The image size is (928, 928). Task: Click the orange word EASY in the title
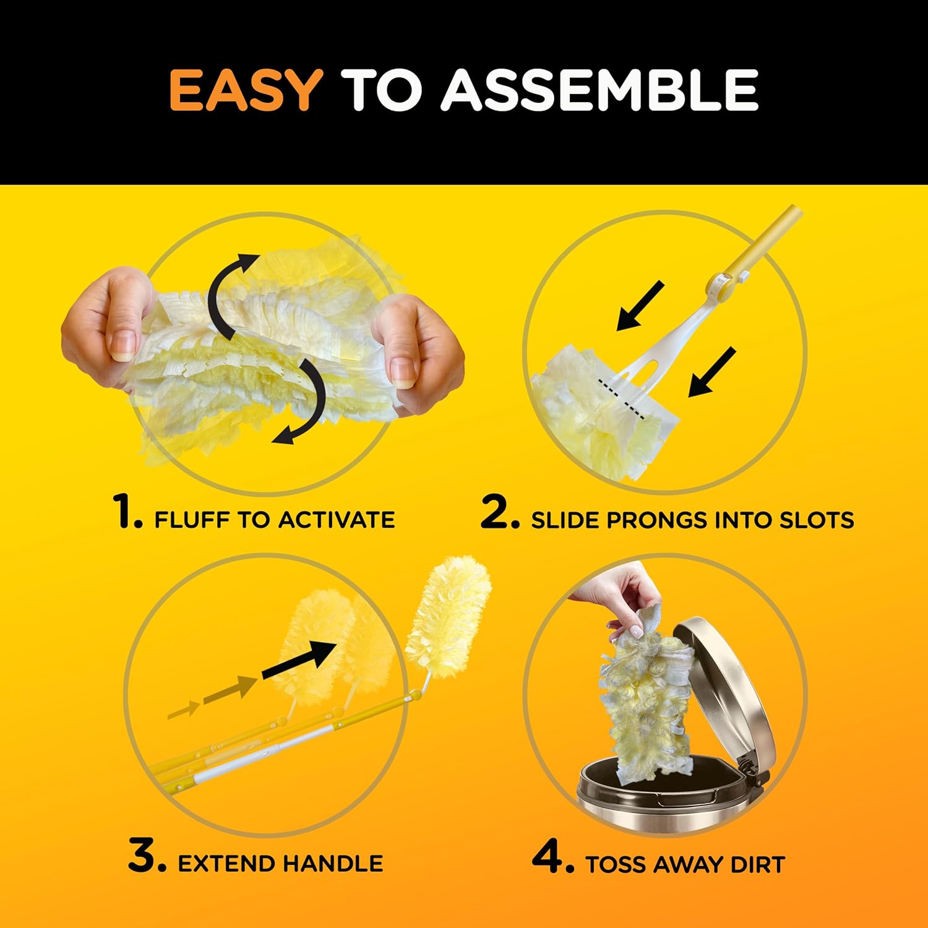(245, 90)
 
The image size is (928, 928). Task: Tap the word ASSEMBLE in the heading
(599, 90)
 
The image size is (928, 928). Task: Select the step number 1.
(128, 513)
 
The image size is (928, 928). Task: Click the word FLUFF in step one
(192, 520)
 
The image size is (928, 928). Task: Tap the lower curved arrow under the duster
(306, 405)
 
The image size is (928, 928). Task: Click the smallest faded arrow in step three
(184, 710)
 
